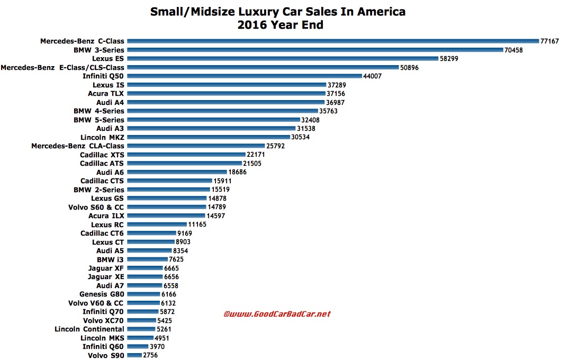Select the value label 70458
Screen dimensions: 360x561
(x=518, y=50)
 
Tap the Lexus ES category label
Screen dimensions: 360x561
(x=108, y=58)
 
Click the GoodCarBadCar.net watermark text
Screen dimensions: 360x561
(x=277, y=313)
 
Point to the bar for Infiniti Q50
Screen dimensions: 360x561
(x=243, y=76)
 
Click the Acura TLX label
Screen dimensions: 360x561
(x=106, y=93)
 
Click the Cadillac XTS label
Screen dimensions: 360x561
(x=102, y=155)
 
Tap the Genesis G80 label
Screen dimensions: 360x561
(x=102, y=294)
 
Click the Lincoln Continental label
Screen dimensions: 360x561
(x=89, y=329)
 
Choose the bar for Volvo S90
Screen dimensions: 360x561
(x=134, y=356)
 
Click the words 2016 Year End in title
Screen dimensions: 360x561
(x=280, y=25)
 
